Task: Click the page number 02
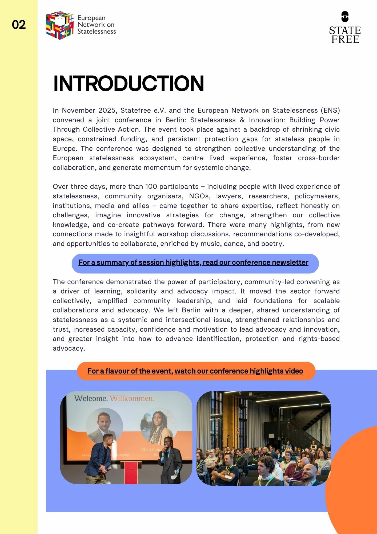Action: [19, 25]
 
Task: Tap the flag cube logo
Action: [60, 25]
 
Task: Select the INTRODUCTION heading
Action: [129, 84]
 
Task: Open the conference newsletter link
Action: [193, 262]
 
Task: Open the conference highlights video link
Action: [195, 371]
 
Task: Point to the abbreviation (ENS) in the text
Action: [330, 111]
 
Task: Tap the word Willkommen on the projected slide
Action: [132, 398]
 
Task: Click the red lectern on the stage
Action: [131, 472]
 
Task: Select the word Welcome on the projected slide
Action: [91, 398]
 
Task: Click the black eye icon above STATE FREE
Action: [345, 17]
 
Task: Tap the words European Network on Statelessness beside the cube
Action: [96, 25]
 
